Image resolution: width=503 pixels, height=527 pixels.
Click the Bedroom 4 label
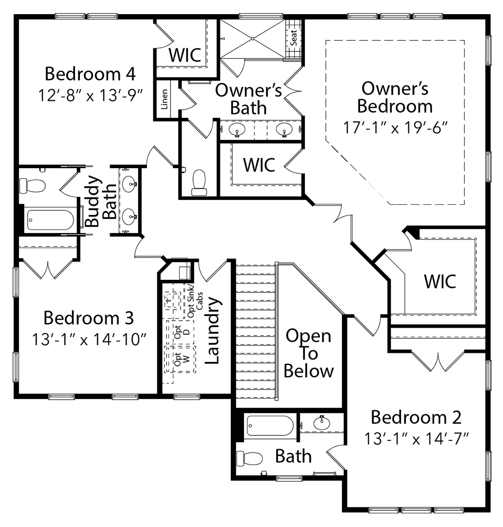pyautogui.click(x=90, y=73)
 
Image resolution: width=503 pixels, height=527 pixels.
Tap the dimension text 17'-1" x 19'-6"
pyautogui.click(x=395, y=127)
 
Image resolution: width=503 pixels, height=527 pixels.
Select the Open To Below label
pyautogui.click(x=308, y=353)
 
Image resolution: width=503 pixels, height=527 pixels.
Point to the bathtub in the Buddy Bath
pyautogui.click(x=50, y=220)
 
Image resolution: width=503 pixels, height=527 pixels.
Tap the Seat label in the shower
pyautogui.click(x=294, y=37)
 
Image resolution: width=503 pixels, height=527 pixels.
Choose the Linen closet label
pyautogui.click(x=164, y=99)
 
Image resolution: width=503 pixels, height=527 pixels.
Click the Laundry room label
pyautogui.click(x=213, y=330)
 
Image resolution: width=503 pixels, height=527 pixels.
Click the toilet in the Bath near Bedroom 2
pyautogui.click(x=250, y=459)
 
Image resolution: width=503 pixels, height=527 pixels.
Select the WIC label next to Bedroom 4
pyautogui.click(x=185, y=54)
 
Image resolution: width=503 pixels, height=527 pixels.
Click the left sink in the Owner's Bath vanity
pyautogui.click(x=237, y=130)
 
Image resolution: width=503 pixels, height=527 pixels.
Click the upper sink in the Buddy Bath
pyautogui.click(x=129, y=183)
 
